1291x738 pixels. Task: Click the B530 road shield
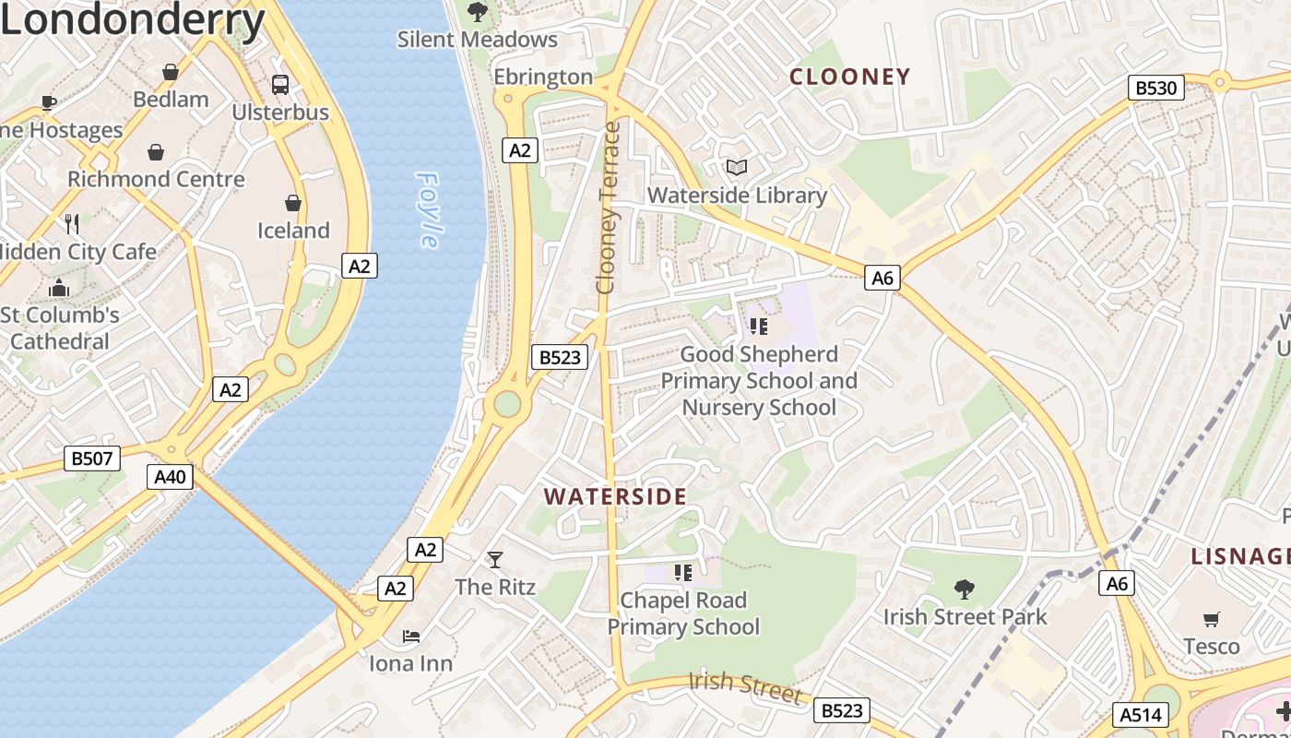pos(1156,88)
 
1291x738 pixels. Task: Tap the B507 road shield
pos(92,458)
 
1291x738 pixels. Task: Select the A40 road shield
pos(171,477)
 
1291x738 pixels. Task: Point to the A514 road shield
pos(1142,714)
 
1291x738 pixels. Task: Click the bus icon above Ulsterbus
pos(280,85)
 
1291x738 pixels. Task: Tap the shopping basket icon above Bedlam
pos(171,72)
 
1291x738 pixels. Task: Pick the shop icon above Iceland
pos(293,203)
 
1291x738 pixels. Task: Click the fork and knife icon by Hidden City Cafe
pos(72,223)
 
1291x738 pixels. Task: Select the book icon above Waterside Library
pos(737,168)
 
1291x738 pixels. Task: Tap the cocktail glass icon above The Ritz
pos(495,559)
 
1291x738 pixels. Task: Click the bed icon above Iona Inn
pos(411,637)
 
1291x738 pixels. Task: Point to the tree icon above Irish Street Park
pos(965,589)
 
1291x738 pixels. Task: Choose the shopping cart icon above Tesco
pos(1212,619)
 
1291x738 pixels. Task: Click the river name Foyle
pos(427,209)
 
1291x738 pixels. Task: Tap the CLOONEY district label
pos(850,77)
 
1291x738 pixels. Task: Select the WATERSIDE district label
pos(615,496)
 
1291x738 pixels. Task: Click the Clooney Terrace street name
pos(607,208)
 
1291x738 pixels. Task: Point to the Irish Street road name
pos(744,686)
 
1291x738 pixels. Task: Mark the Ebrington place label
pos(543,77)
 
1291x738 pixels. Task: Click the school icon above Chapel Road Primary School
pos(682,573)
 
